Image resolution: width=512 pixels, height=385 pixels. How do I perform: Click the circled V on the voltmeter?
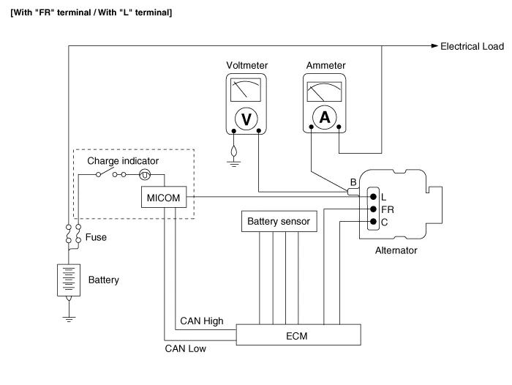pos(246,118)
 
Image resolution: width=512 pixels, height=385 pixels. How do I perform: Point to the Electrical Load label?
pos(472,46)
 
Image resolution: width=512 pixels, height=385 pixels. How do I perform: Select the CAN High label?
pos(201,321)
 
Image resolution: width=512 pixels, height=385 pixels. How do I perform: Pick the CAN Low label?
pos(186,349)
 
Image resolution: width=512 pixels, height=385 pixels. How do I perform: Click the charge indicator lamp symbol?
pos(145,175)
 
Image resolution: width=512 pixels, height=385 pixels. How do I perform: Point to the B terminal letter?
pos(353,182)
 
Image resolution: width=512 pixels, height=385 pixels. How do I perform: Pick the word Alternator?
pos(396,250)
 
